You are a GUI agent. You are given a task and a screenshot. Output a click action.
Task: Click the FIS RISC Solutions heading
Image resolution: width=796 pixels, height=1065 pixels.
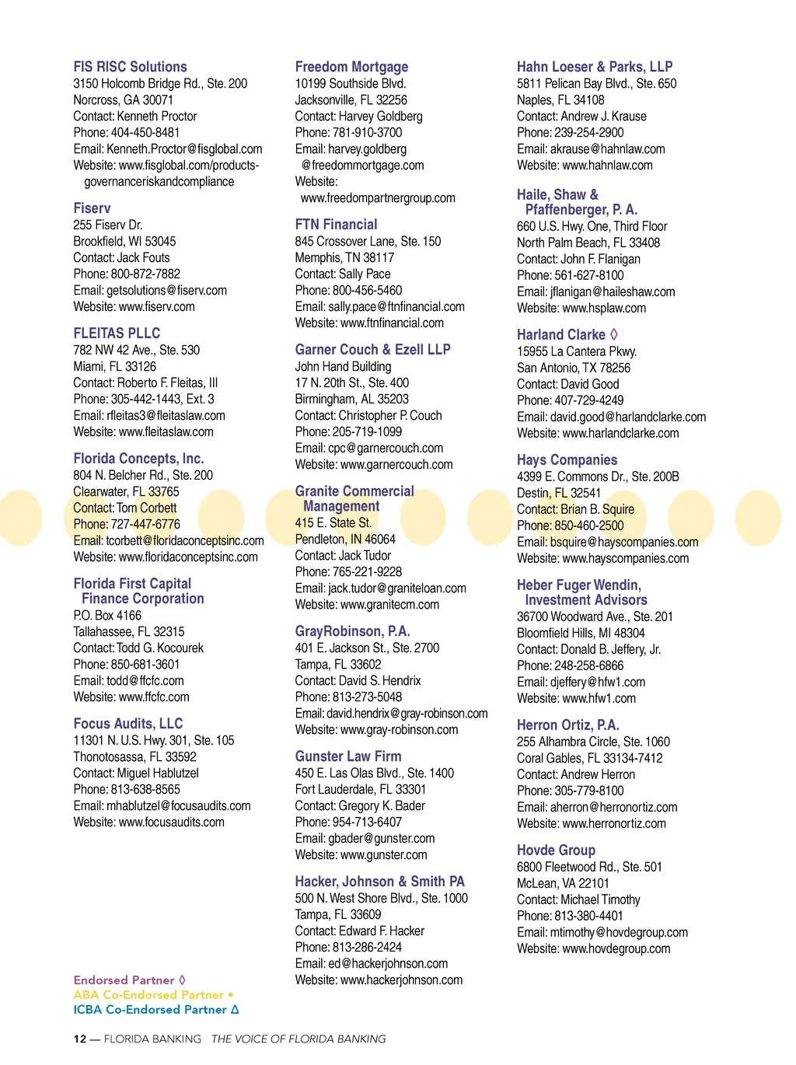(x=130, y=67)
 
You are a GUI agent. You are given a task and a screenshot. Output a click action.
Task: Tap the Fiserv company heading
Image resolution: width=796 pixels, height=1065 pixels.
(x=92, y=208)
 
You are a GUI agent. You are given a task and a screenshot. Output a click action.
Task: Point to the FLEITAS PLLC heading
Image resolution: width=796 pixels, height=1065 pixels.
(x=117, y=333)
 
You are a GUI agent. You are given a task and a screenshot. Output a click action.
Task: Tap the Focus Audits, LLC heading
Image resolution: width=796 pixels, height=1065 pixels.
(x=127, y=724)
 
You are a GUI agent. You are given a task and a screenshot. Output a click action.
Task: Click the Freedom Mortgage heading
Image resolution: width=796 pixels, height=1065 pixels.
(x=351, y=67)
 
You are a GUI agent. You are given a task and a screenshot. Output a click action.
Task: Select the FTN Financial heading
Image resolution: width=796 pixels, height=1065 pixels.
(x=336, y=225)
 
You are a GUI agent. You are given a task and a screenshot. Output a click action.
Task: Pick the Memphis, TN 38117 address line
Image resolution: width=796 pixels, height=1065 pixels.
(x=344, y=257)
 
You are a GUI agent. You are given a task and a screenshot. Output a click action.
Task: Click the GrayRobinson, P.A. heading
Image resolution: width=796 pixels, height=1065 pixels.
(x=352, y=631)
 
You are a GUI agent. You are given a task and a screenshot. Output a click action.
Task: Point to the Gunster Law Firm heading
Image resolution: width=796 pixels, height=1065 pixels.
(x=347, y=756)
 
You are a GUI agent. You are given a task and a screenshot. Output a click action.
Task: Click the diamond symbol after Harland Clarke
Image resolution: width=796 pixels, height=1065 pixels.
(x=614, y=334)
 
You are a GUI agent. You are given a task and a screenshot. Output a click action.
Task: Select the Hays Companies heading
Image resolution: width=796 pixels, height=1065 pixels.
(x=567, y=460)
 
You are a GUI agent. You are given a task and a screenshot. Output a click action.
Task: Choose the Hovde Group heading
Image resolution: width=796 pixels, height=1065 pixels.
(x=556, y=850)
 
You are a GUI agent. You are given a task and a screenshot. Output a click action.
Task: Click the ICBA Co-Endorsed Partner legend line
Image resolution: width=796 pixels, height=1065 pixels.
(x=155, y=1009)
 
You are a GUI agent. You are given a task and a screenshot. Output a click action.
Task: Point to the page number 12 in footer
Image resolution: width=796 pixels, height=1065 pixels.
(x=80, y=1039)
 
